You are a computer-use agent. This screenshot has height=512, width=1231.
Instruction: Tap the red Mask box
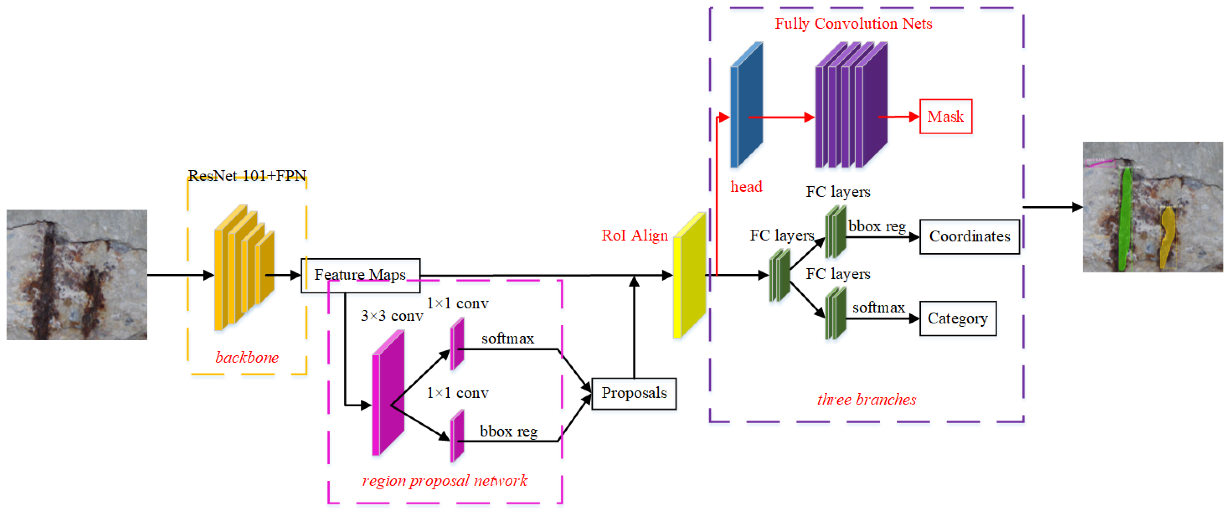[x=945, y=116]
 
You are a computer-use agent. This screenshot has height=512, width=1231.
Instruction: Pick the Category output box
[x=957, y=319]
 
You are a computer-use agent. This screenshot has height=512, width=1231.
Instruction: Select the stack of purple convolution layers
[x=851, y=105]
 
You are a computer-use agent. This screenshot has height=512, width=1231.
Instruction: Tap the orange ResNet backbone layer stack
[x=244, y=268]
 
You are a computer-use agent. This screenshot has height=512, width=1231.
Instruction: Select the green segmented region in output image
[x=1125, y=220]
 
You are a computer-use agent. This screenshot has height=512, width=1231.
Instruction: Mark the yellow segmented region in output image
[x=1166, y=236]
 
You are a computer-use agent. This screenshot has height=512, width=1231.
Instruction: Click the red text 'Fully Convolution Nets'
[x=853, y=23]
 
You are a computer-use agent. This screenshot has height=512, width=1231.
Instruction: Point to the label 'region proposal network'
[x=444, y=480]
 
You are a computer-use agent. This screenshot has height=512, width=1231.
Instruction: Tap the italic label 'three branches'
[x=866, y=399]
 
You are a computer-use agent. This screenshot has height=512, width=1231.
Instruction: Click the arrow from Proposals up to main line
[x=634, y=330]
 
